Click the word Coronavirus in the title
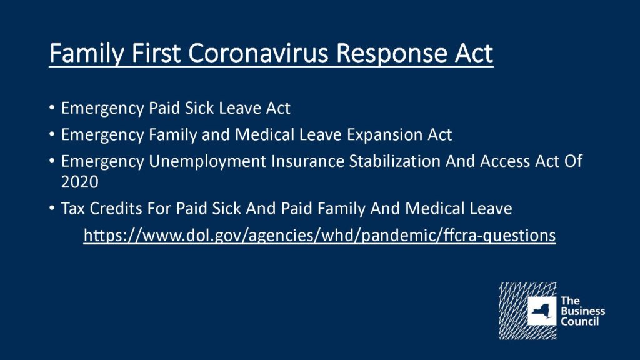click(258, 53)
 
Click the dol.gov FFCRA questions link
click(319, 236)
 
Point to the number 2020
click(80, 182)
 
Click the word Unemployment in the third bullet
click(207, 162)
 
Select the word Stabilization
click(394, 161)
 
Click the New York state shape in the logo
click(542, 311)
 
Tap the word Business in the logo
click(583, 311)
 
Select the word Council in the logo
click(579, 321)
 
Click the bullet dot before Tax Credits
click(52, 208)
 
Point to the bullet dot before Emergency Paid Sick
click(52, 107)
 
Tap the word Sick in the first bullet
click(199, 108)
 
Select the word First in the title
click(156, 53)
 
